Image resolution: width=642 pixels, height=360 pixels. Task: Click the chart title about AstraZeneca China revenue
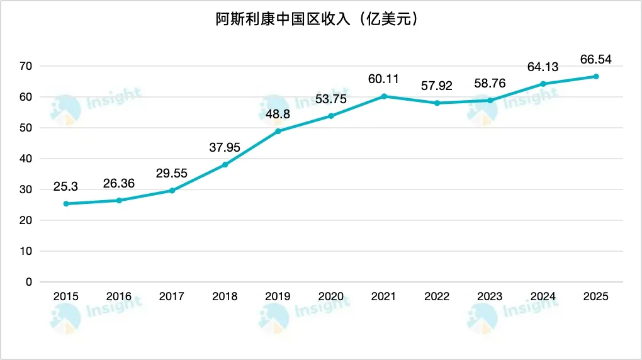coord(317,20)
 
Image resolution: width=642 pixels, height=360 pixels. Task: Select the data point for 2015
coord(65,204)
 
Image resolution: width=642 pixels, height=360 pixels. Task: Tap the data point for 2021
coord(383,96)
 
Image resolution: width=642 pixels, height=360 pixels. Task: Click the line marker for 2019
coord(278,131)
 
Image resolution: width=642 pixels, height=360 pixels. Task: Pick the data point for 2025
coord(595,76)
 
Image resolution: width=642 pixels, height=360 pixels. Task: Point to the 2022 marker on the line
coord(436,103)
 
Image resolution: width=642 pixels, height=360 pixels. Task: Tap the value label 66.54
coord(595,60)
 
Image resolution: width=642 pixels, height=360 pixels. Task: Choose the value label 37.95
coord(225,147)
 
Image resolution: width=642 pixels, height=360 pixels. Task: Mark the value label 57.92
coord(436,86)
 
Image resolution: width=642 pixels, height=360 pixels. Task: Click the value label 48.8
coord(278,114)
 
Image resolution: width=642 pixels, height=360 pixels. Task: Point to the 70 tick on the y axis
coord(26,66)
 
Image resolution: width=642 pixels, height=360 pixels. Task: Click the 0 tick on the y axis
coord(28,282)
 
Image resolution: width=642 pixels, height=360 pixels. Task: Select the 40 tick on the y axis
coord(26,159)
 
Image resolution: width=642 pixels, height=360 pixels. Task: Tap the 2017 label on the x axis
coord(171,296)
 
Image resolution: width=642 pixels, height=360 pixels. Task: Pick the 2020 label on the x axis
coord(330,296)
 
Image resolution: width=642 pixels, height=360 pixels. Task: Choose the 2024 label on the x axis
coord(543,296)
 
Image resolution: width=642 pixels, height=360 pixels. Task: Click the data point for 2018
coord(225,165)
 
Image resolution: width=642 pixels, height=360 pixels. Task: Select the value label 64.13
coord(543,67)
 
